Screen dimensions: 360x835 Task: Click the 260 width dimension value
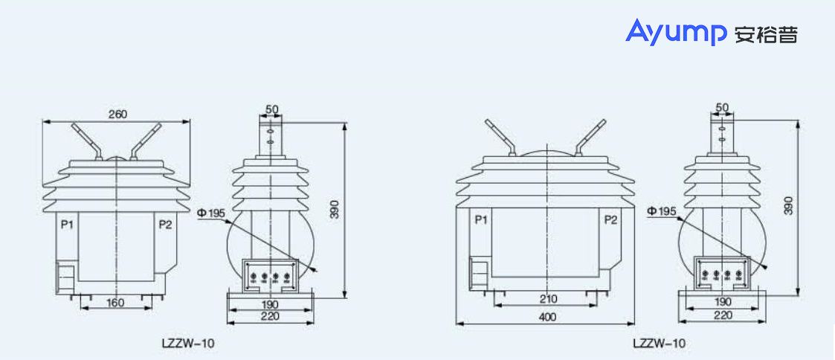click(x=118, y=114)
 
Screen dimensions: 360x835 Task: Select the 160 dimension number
click(x=115, y=303)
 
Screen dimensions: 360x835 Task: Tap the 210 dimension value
click(x=547, y=300)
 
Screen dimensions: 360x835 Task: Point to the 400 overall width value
click(x=547, y=318)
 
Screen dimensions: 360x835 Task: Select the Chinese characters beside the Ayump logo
click(x=765, y=34)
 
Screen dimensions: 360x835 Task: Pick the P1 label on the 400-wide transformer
click(x=480, y=220)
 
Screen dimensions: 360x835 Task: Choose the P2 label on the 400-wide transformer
click(x=610, y=220)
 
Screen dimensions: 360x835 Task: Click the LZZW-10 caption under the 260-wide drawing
click(x=188, y=344)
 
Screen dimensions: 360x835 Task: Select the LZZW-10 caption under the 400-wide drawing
click(x=659, y=344)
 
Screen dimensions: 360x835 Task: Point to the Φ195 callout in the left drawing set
click(x=211, y=214)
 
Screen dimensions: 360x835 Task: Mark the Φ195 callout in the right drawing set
click(x=662, y=212)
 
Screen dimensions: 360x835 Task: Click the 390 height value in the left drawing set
click(x=335, y=210)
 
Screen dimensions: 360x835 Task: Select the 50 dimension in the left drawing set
click(x=271, y=109)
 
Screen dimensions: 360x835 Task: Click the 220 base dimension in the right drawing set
click(x=722, y=315)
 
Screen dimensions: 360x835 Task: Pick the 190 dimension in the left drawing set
click(x=270, y=305)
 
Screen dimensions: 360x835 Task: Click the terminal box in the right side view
click(x=720, y=274)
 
